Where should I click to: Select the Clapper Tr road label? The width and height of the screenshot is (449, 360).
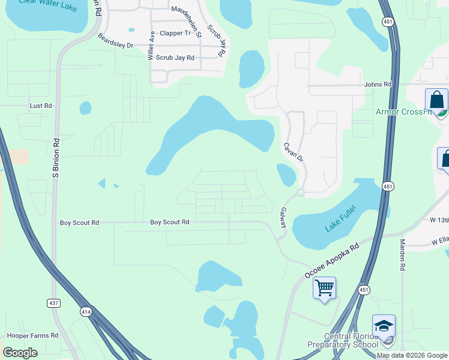click(175, 34)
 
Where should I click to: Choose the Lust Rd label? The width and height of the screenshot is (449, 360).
click(41, 106)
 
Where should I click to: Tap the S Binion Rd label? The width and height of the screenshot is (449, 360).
click(56, 159)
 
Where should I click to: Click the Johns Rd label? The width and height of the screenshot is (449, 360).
click(378, 85)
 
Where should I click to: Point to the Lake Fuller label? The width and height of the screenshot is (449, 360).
click(340, 219)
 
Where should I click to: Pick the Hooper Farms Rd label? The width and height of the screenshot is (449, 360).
click(32, 335)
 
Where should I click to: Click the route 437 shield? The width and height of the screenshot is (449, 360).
click(54, 303)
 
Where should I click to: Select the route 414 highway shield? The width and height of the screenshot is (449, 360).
click(86, 311)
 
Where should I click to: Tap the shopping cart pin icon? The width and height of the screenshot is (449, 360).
click(324, 289)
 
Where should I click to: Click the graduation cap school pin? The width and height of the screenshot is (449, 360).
click(384, 326)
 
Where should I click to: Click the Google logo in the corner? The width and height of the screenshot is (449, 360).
click(20, 353)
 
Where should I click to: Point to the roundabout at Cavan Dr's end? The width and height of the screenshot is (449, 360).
click(300, 193)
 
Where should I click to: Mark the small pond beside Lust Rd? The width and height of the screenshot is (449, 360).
click(86, 108)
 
